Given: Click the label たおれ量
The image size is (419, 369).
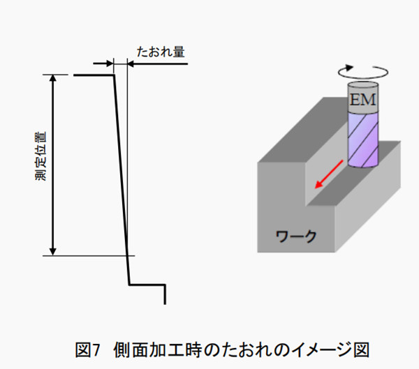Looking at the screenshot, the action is (x=161, y=52).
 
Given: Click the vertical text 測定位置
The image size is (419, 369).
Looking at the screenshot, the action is (x=41, y=156).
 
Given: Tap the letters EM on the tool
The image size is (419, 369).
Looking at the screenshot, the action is (x=362, y=100).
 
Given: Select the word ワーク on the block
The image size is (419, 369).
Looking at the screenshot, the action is (x=296, y=236).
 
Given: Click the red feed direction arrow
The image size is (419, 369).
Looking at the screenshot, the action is (x=329, y=174).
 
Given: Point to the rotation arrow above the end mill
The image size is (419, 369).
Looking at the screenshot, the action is (x=363, y=72).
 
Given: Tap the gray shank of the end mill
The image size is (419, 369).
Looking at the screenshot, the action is (x=363, y=97).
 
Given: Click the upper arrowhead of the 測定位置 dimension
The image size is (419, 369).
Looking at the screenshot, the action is (x=53, y=78).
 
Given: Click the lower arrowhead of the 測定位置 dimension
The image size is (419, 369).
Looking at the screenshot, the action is (x=53, y=252).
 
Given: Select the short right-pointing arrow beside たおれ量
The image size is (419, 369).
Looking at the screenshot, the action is (x=103, y=63).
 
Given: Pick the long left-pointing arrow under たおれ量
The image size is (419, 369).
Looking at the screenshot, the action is (x=157, y=63).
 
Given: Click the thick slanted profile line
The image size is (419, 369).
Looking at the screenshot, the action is (x=122, y=180).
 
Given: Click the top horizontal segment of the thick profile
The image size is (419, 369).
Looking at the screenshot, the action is (x=94, y=75).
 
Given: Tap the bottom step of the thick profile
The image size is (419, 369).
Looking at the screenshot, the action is (x=147, y=285).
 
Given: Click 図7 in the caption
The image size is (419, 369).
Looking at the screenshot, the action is (x=87, y=349).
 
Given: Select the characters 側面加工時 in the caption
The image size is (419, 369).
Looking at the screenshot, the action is (x=158, y=349).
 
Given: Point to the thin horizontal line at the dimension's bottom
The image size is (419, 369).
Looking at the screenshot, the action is (x=89, y=256).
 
